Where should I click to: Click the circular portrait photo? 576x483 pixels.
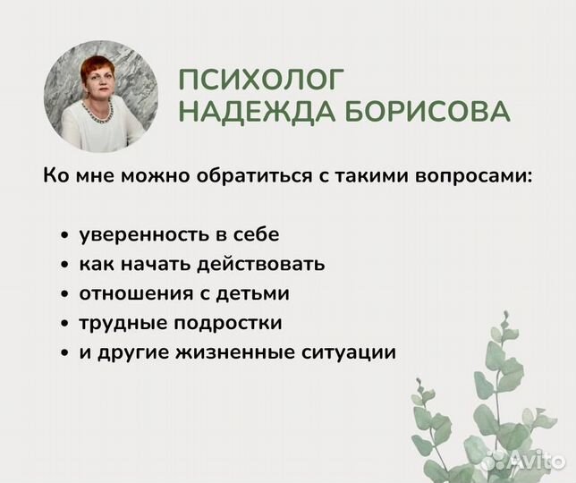click(x=100, y=96)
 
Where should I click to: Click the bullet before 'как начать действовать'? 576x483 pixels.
click(x=65, y=267)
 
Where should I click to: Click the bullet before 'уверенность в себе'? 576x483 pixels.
click(x=65, y=237)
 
